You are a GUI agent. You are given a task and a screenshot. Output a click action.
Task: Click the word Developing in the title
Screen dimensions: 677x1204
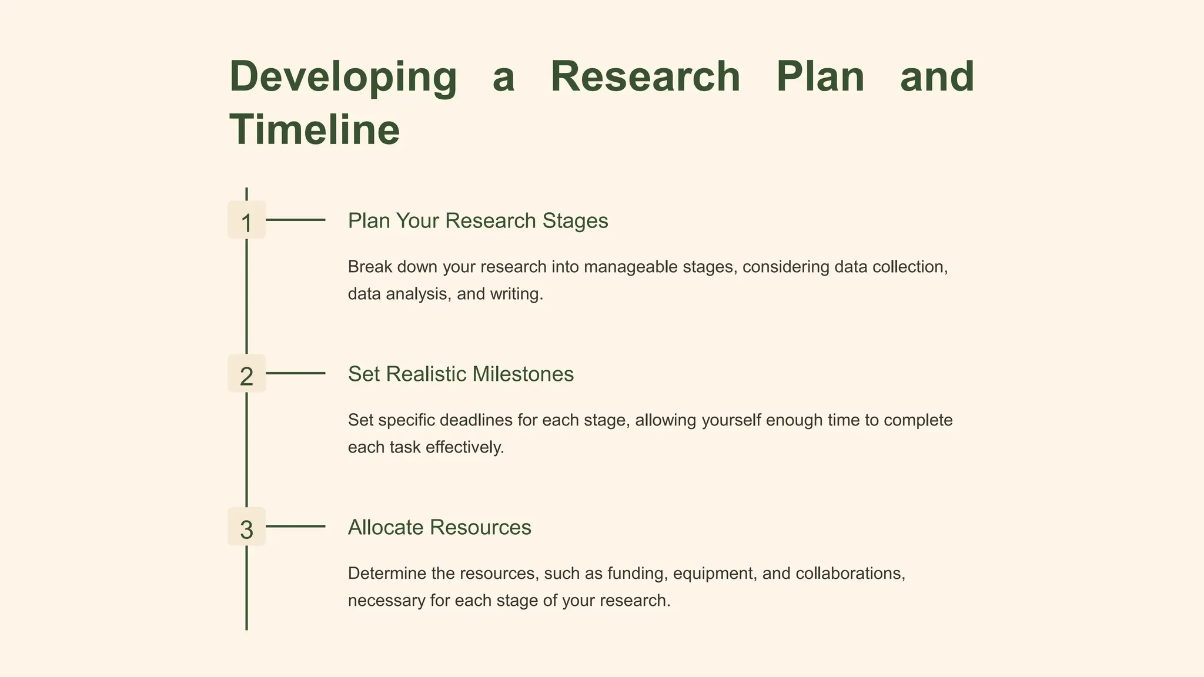coord(343,77)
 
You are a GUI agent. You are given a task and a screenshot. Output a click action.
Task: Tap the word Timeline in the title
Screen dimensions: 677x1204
coord(315,130)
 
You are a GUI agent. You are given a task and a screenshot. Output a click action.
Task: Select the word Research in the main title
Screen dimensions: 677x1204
coord(645,77)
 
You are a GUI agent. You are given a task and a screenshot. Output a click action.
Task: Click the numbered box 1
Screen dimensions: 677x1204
coord(246,220)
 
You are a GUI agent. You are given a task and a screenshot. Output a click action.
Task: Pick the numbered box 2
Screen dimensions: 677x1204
coord(246,374)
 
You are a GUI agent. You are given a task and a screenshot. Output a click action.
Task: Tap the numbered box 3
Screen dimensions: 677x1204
coord(246,527)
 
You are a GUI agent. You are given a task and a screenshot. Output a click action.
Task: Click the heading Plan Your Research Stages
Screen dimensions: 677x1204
coord(477,221)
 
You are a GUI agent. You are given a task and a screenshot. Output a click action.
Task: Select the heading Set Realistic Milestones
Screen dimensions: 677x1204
coord(460,374)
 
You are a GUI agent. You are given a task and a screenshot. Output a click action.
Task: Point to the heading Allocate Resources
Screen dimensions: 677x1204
coord(439,528)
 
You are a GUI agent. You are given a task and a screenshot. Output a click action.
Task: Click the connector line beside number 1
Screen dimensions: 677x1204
coord(295,220)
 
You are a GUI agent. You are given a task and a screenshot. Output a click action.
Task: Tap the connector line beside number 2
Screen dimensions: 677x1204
coord(295,373)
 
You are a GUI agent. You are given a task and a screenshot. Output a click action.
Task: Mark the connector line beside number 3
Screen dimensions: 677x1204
coord(295,527)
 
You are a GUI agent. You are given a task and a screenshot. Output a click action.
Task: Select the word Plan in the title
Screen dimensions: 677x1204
coord(820,77)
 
